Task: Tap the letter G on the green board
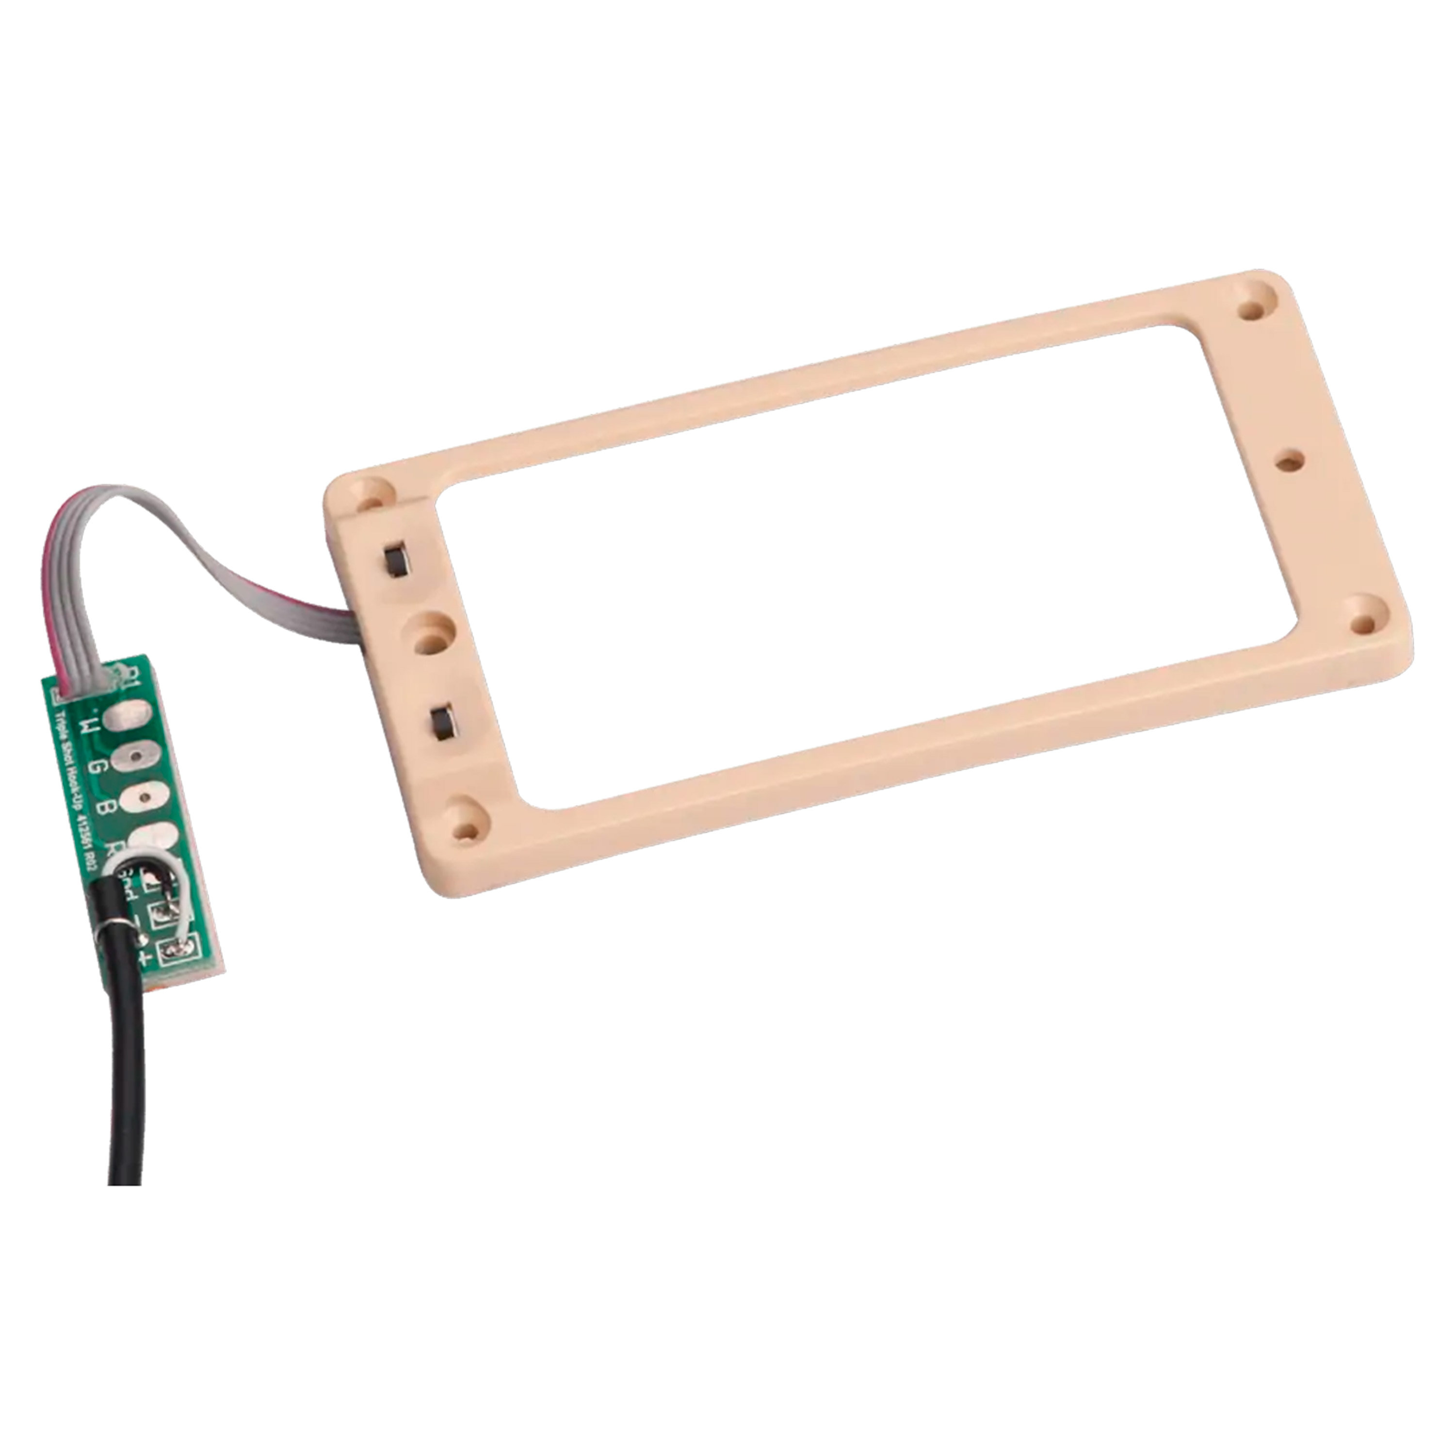click(97, 769)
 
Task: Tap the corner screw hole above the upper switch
click(368, 496)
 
